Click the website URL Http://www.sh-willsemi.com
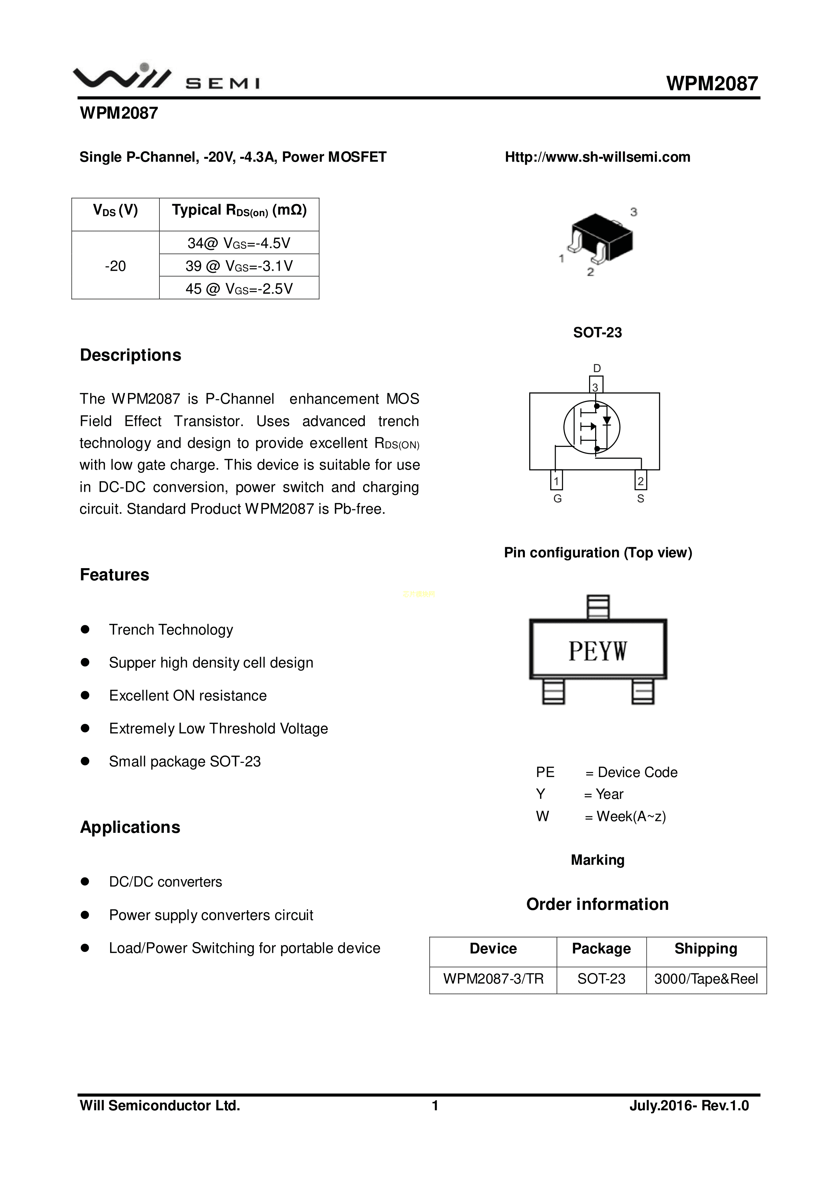coord(598,157)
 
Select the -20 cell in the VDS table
coord(115,266)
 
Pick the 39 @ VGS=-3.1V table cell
coord(239,266)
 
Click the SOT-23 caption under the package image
coord(598,333)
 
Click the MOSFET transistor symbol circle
coord(592,427)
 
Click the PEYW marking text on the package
coord(598,651)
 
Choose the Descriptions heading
coord(131,355)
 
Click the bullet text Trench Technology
coord(171,630)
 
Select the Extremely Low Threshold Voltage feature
coord(219,728)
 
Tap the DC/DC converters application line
coord(165,882)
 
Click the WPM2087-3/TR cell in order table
coord(493,979)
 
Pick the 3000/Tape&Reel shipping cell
coord(706,979)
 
